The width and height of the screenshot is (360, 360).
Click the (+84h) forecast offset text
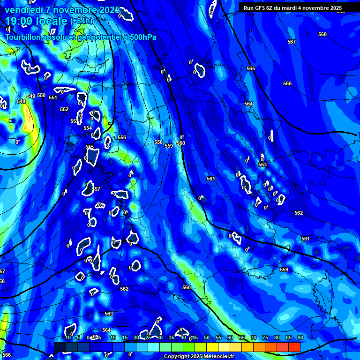[x=81, y=21]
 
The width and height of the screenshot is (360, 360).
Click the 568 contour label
[x=322, y=34]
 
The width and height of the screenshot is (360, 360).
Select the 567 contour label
[x=292, y=42]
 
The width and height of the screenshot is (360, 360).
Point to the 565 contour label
[x=251, y=68]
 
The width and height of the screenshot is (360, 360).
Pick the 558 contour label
[x=158, y=142]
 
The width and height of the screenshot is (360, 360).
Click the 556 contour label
[x=122, y=137]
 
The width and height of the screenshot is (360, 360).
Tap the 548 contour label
[x=21, y=101]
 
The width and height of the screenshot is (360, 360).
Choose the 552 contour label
[x=64, y=109]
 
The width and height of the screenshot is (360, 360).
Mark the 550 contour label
[x=41, y=95]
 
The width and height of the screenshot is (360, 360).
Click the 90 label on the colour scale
[x=300, y=337]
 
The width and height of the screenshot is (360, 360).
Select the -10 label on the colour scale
[x=67, y=337]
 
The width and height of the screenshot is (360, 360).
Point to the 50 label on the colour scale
[x=207, y=337]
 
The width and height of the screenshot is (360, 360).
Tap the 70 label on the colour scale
[x=254, y=337]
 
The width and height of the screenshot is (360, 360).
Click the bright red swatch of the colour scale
[x=294, y=347]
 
